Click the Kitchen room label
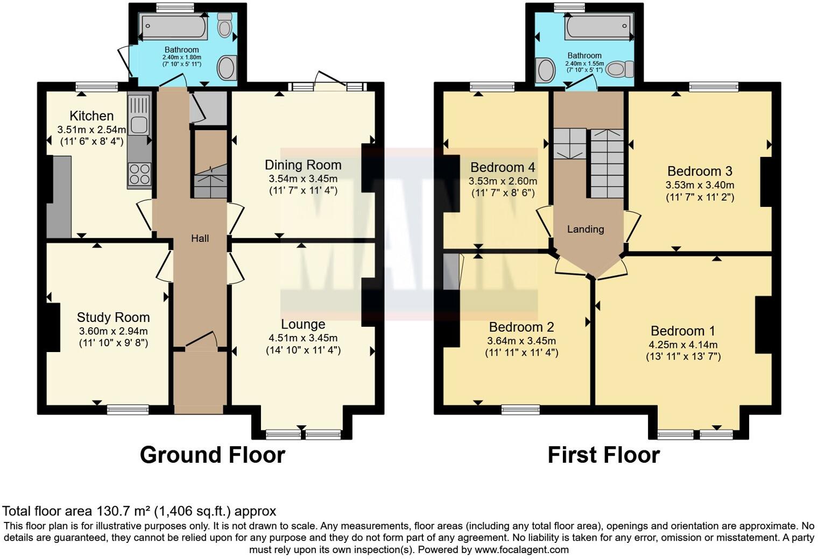point(91,116)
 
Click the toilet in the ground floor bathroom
point(224,24)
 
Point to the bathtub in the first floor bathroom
point(597,27)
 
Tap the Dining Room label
point(303,165)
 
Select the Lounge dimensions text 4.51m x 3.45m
point(303,338)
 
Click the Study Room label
point(113,317)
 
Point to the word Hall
point(200,238)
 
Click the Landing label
point(586,229)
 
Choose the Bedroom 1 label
point(683,331)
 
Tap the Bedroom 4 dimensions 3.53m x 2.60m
point(503,181)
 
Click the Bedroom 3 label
point(700,171)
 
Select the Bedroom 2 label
point(521,327)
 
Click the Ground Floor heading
point(212,455)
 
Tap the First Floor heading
point(603,455)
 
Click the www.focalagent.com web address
point(521,549)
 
